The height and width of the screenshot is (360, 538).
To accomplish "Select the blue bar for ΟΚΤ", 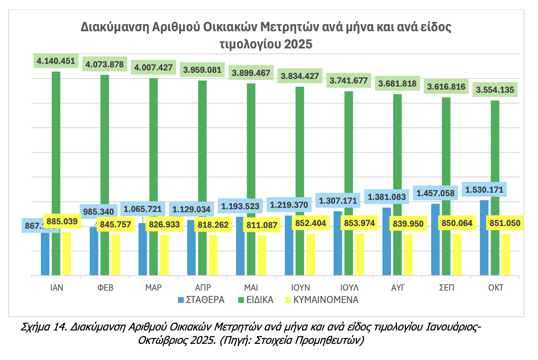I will coord(484,240).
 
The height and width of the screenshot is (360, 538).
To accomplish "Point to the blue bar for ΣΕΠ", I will coord(435,240).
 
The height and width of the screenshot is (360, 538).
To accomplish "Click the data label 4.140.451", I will coord(56,61).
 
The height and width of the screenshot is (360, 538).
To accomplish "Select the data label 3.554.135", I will coord(495,90).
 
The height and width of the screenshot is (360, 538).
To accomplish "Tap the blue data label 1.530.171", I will coord(484,190).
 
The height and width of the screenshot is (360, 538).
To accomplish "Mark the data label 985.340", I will coord(99,211).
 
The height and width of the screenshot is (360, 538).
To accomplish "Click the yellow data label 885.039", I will coord(62,221).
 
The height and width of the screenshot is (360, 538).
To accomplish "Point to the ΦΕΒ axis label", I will coord(105,288).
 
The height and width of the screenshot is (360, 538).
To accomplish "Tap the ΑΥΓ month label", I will coord(398,288).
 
